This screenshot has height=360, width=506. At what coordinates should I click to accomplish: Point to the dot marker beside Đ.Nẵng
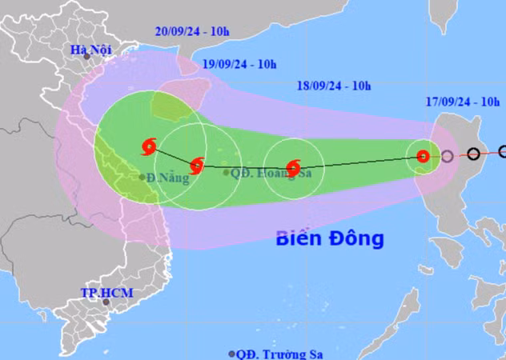click(142, 177)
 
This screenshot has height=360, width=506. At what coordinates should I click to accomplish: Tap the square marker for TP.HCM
click(104, 302)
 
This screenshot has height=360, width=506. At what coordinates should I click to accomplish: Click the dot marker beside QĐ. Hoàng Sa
click(227, 172)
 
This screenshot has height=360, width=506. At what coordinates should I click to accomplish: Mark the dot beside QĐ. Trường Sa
click(232, 353)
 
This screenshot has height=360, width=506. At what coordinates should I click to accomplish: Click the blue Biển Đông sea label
click(330, 238)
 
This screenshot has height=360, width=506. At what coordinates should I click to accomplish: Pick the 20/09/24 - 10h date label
click(190, 32)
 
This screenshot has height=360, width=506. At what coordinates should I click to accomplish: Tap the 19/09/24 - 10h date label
click(239, 64)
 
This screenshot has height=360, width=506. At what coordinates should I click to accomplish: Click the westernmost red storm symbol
click(149, 147)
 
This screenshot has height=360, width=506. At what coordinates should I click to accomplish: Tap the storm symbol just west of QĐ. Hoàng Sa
click(196, 166)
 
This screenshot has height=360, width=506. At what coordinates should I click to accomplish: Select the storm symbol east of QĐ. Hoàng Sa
click(293, 168)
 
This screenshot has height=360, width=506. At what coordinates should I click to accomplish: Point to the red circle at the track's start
click(424, 157)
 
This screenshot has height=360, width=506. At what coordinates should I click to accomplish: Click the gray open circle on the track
click(447, 156)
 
